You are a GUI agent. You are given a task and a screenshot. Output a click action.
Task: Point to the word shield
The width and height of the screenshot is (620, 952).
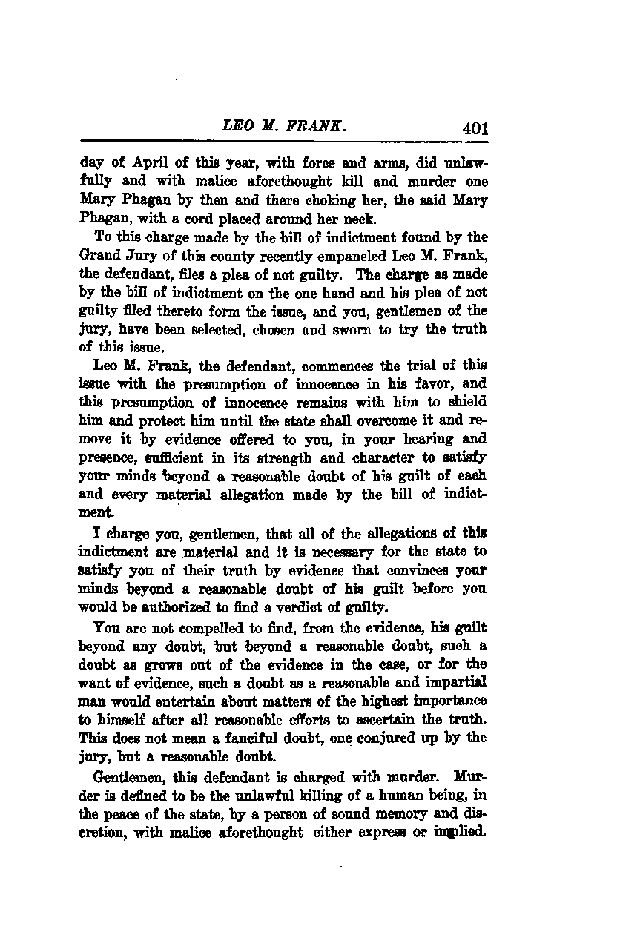pyautogui.click(x=468, y=403)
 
